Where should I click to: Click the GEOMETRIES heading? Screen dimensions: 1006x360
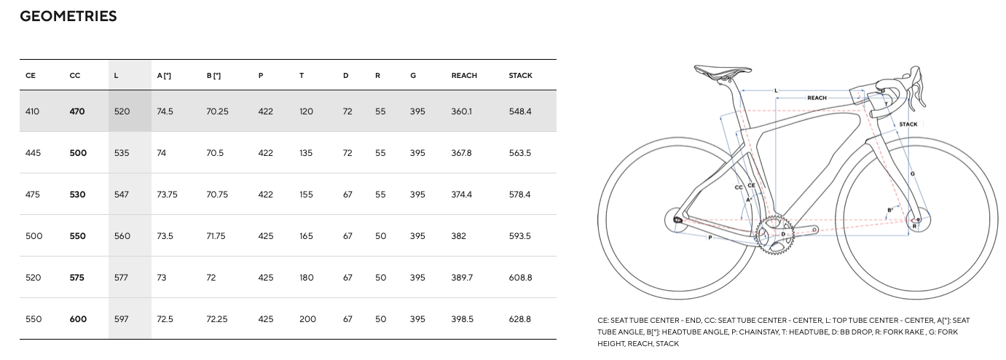click(x=68, y=16)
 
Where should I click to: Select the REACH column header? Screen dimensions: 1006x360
click(x=464, y=76)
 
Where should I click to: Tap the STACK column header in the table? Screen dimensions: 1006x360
click(x=520, y=76)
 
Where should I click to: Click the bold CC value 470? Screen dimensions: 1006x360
click(x=77, y=111)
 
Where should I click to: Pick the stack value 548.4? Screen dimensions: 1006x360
click(x=520, y=111)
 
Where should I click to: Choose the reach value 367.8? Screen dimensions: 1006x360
click(x=461, y=153)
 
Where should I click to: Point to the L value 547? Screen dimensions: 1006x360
click(x=121, y=195)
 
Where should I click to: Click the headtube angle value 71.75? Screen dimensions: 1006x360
click(x=216, y=236)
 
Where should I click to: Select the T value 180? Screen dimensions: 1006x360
click(x=306, y=278)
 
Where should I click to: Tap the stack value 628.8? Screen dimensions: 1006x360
click(x=520, y=319)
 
